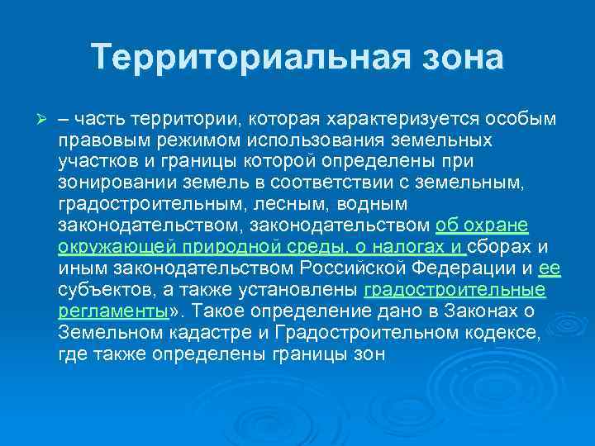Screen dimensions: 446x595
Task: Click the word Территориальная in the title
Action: coord(224,57)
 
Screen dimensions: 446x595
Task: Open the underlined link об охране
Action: coord(482,225)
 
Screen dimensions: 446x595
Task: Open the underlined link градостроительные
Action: coord(455,291)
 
